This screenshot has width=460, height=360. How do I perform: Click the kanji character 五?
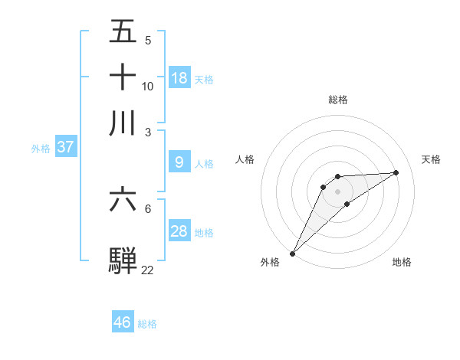[123, 31]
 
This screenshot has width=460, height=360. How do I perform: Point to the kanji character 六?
[123, 199]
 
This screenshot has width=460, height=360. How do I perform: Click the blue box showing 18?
[179, 77]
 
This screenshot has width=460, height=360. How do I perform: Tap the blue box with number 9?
[179, 162]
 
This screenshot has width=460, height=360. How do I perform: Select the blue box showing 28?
[179, 231]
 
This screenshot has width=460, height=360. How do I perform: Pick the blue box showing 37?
[65, 147]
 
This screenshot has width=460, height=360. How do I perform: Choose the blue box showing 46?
[123, 322]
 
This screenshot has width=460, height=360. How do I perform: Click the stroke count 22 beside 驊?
[147, 270]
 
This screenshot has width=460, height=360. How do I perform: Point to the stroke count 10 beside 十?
[147, 86]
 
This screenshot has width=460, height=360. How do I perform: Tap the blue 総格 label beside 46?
[147, 324]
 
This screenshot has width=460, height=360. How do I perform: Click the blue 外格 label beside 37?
[40, 149]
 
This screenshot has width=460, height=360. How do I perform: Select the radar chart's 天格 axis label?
[432, 159]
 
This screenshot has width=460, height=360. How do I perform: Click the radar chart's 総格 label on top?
[337, 100]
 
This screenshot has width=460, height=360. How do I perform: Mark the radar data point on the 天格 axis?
[396, 172]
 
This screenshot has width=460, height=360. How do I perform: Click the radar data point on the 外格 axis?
[292, 253]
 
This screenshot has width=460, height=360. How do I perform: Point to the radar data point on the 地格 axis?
[347, 204]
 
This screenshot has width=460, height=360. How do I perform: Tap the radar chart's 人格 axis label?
[245, 159]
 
